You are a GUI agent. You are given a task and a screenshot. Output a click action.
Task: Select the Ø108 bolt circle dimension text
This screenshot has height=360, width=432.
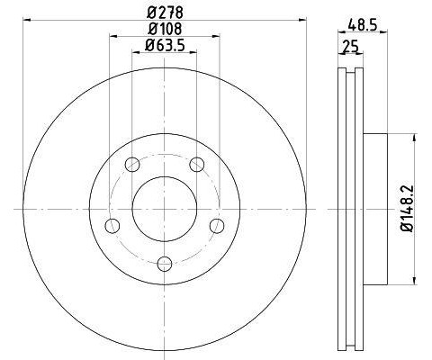pyautogui.click(x=163, y=30)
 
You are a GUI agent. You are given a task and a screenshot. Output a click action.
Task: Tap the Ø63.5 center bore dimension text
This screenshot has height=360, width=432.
pyautogui.click(x=163, y=47)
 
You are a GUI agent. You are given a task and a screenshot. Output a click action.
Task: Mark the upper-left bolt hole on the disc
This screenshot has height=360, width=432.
pyautogui.click(x=132, y=164)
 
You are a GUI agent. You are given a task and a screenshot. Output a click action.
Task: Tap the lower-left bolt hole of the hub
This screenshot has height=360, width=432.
pyautogui.click(x=112, y=225)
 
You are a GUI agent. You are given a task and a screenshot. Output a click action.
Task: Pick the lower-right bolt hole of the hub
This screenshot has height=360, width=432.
pyautogui.click(x=216, y=225)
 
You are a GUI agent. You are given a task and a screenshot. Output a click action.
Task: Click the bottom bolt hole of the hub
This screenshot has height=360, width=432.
pyautogui.click(x=164, y=263)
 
